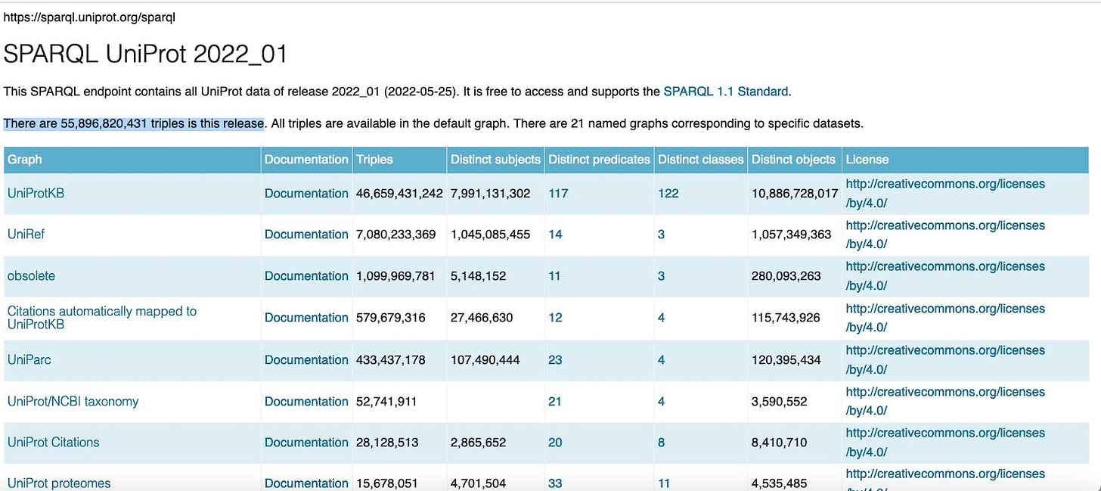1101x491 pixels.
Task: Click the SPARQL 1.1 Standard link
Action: [x=725, y=92]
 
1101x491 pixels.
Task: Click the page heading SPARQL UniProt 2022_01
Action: [x=145, y=54]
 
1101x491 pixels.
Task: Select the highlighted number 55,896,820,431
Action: [x=104, y=123]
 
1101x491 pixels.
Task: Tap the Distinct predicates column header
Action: [x=599, y=160]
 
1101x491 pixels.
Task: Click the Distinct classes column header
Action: [x=700, y=160]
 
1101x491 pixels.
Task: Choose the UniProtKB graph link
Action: [x=36, y=193]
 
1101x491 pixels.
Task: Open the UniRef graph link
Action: [x=26, y=235]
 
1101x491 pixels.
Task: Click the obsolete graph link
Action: [x=31, y=276]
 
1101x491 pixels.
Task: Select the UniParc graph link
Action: [x=29, y=360]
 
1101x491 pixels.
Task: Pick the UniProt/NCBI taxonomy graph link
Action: [x=73, y=402]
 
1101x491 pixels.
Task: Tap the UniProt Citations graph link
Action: [x=53, y=443]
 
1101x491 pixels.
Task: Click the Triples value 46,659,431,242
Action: [x=399, y=194]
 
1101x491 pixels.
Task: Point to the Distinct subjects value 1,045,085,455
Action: [x=491, y=235]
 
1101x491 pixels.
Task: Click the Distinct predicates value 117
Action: [x=558, y=194]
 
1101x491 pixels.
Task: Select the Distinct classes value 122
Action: [x=668, y=194]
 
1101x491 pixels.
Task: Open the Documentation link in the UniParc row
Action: [x=306, y=360]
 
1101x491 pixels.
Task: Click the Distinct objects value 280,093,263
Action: [x=786, y=276]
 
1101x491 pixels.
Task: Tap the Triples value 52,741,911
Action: [x=386, y=402]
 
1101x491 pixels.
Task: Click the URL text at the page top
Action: [x=89, y=17]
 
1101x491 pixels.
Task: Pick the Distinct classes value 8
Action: [x=661, y=443]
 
